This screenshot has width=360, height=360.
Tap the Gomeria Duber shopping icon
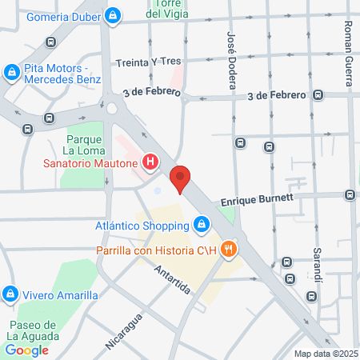click(x=114, y=15)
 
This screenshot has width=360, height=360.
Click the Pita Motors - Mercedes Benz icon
click(x=11, y=74)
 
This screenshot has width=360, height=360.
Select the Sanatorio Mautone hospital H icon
click(x=150, y=163)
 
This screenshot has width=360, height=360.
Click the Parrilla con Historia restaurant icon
click(x=229, y=250)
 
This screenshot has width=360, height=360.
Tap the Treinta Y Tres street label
click(x=148, y=61)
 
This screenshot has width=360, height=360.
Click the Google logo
click(x=27, y=350)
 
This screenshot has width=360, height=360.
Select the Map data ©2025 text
click(x=326, y=354)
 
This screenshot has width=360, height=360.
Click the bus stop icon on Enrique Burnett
click(x=350, y=194)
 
